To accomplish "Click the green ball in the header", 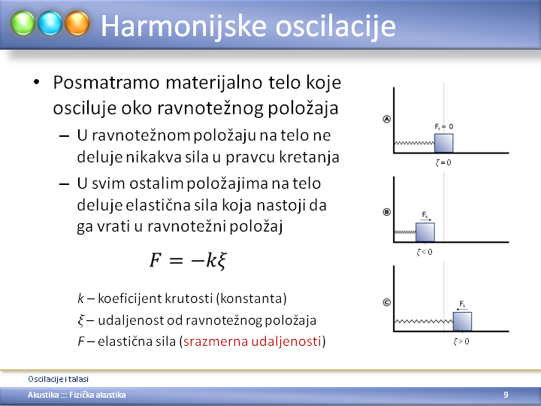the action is (x=23, y=23).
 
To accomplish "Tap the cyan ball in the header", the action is (x=50, y=23).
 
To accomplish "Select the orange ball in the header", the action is (x=77, y=23).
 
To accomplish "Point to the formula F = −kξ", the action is (x=188, y=260).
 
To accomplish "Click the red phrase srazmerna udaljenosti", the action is (x=252, y=341).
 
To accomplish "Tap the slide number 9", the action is (x=506, y=395).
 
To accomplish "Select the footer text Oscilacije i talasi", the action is (x=59, y=379).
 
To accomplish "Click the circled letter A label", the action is (x=387, y=119).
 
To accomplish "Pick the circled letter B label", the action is (x=387, y=212).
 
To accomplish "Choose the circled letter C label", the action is (x=387, y=302).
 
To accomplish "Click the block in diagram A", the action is (x=444, y=143).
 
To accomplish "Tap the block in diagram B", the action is (x=425, y=232).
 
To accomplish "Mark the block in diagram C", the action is (x=462, y=322).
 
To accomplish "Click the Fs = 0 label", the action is (x=444, y=127).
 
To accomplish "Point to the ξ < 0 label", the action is (x=425, y=252).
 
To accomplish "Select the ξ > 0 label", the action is (x=461, y=341).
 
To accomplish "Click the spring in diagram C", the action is (x=424, y=322).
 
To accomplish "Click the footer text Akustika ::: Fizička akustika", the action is (x=77, y=395).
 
